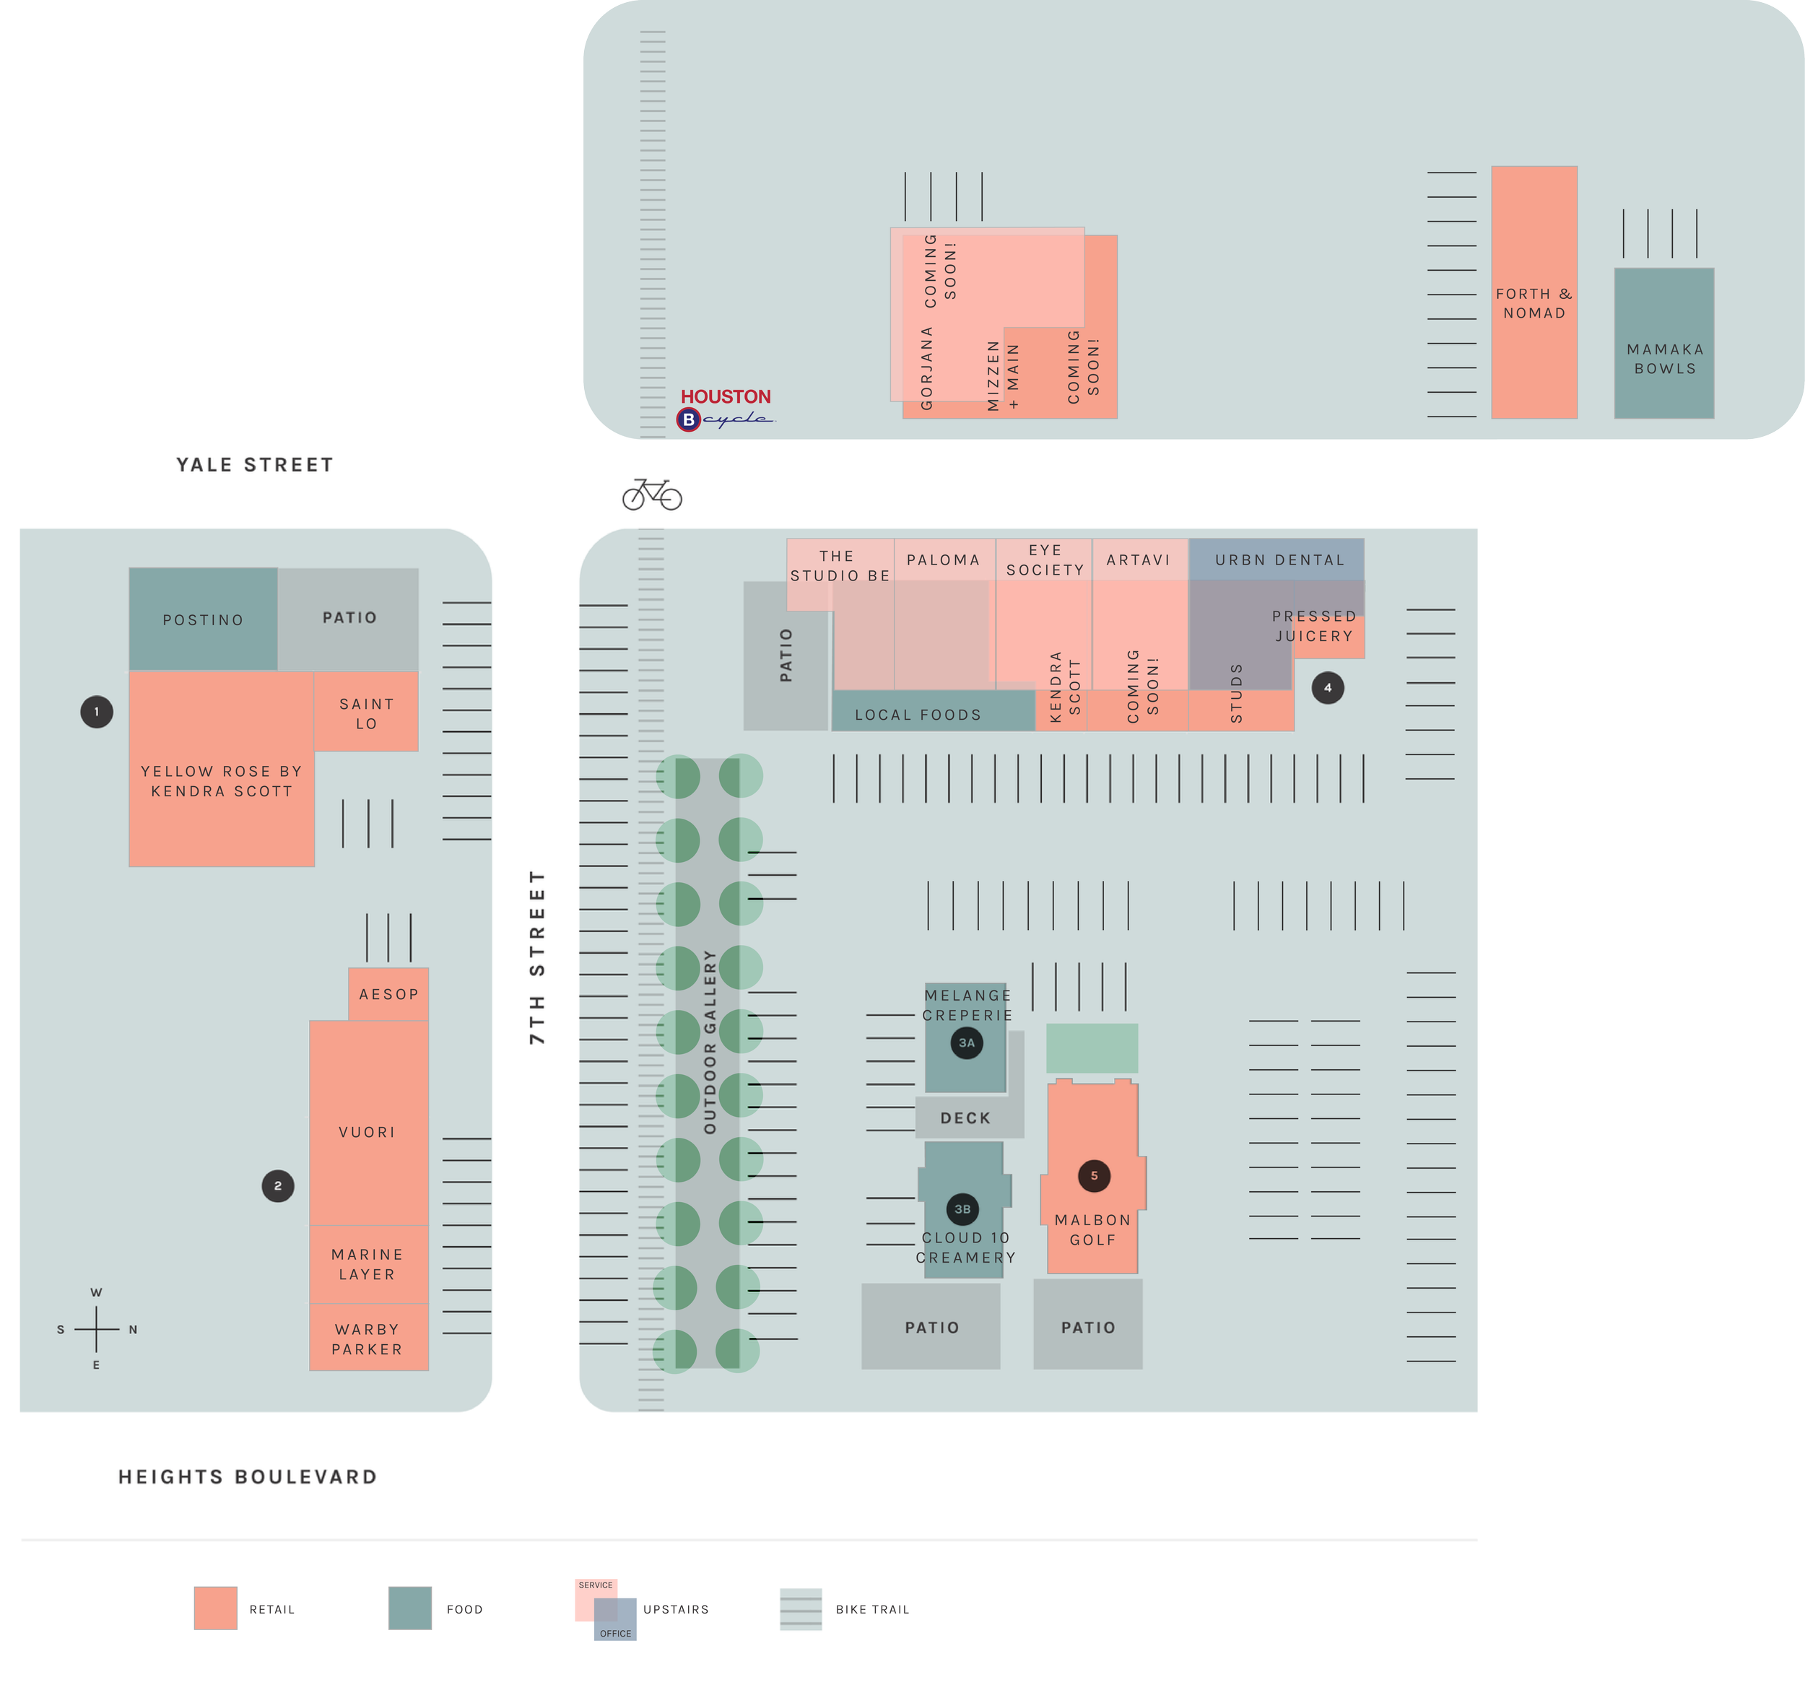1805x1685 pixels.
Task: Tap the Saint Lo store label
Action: [x=366, y=713]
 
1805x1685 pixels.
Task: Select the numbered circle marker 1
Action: [x=96, y=712]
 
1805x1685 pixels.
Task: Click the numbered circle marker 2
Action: [x=278, y=1185]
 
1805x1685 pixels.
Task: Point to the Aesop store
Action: [x=388, y=994]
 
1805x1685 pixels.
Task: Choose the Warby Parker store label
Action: [x=367, y=1339]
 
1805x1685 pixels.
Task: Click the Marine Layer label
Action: [x=367, y=1263]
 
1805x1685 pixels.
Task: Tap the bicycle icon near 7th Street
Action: [x=652, y=494]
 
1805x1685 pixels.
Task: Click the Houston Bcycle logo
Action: [x=726, y=409]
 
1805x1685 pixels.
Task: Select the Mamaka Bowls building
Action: [x=1664, y=359]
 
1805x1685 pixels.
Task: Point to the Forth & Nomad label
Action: [x=1534, y=303]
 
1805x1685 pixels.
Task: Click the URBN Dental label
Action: [x=1279, y=560]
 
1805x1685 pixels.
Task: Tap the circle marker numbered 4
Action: [x=1328, y=687]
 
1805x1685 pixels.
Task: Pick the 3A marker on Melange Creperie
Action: [x=966, y=1042]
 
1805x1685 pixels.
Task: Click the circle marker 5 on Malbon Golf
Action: [x=1094, y=1176]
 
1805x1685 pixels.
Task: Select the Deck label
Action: [x=965, y=1118]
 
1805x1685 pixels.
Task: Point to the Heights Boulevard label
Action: [x=248, y=1477]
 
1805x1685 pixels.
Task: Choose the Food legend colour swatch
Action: [x=409, y=1608]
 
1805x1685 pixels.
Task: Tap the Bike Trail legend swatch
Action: [x=801, y=1608]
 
